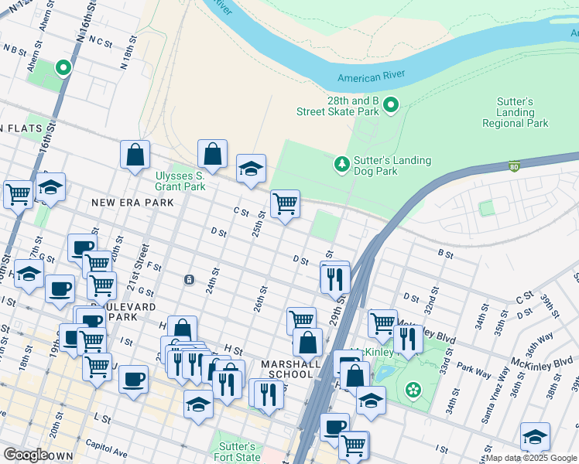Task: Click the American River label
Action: coord(370,77)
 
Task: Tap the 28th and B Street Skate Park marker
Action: coord(391,105)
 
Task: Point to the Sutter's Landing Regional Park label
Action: coord(515,113)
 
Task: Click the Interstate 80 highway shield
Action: coord(514,166)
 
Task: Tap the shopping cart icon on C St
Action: coord(285,204)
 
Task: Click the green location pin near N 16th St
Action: coord(63,68)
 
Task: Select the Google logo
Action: coord(26,455)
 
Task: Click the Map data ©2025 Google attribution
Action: coord(531,458)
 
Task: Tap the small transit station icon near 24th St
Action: coord(189,279)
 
